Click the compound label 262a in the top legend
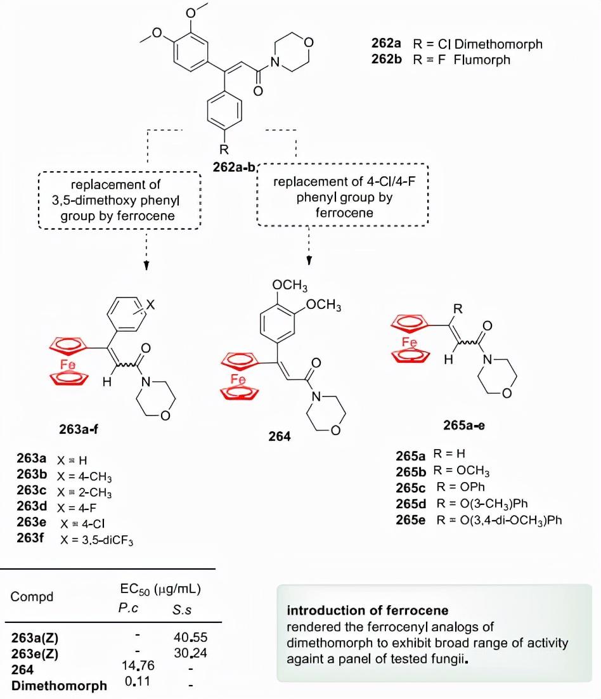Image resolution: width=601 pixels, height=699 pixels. pyautogui.click(x=385, y=44)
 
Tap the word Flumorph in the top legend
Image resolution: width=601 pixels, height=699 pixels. pyautogui.click(x=482, y=60)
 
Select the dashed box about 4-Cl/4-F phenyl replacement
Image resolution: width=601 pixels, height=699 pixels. pyautogui.click(x=342, y=197)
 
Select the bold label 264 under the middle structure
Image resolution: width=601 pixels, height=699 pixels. pyautogui.click(x=280, y=437)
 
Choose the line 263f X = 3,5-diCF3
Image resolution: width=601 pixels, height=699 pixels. pyautogui.click(x=79, y=540)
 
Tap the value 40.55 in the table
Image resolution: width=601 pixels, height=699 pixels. pyautogui.click(x=190, y=636)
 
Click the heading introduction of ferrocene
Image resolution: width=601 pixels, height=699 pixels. pyautogui.click(x=368, y=611)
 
